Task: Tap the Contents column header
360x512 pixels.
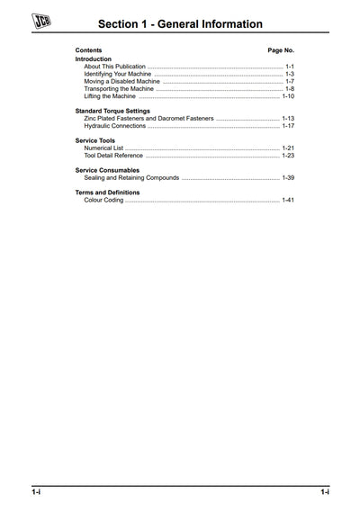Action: (x=88, y=50)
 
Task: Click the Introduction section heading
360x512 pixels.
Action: (x=94, y=58)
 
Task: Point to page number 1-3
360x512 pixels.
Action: (x=289, y=74)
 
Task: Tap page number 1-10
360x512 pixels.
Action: (x=288, y=96)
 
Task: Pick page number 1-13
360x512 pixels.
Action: (x=288, y=119)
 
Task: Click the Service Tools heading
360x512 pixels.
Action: (x=94, y=140)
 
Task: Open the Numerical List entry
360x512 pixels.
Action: (x=103, y=148)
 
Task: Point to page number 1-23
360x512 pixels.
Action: (x=288, y=156)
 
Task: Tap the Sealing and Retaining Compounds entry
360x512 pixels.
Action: (x=131, y=178)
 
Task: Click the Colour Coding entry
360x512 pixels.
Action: (x=103, y=200)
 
